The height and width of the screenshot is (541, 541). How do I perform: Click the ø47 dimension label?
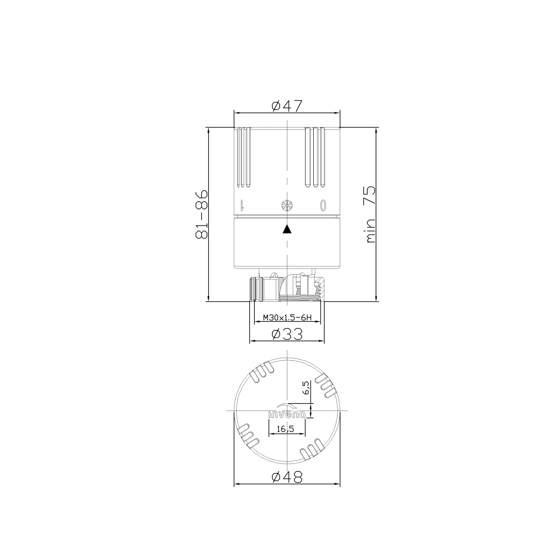[x=287, y=106]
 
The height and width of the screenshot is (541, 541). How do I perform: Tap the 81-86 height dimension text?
[x=201, y=214]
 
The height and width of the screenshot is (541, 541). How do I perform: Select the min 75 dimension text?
[x=370, y=214]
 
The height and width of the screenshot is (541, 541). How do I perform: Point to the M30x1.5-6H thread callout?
[x=287, y=318]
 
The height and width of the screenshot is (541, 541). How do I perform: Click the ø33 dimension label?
[x=287, y=334]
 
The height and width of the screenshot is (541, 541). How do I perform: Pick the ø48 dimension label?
[x=287, y=477]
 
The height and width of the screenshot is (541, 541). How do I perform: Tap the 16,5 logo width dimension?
[x=285, y=429]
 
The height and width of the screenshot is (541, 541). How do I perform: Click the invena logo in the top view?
[x=287, y=411]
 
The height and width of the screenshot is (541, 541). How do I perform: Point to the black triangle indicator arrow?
[x=287, y=229]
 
